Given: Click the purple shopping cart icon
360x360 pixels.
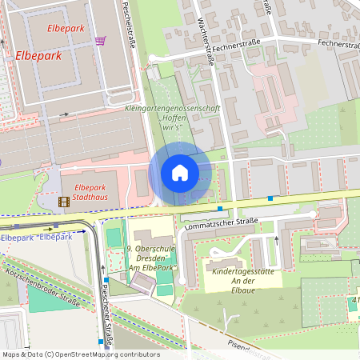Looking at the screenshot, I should (x=100, y=41).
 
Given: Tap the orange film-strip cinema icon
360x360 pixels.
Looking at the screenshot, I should (x=64, y=201).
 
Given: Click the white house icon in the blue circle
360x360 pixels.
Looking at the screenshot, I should (x=180, y=173).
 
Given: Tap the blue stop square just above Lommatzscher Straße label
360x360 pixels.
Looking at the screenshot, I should (x=220, y=208).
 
